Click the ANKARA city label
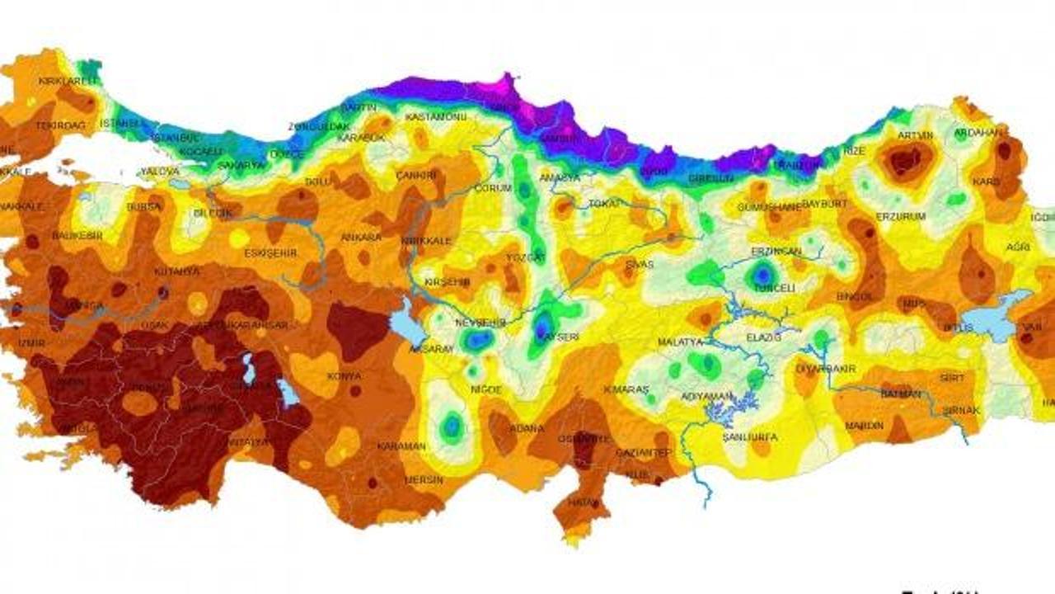[x=361, y=238]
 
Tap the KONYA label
[x=344, y=376]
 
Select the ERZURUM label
[x=901, y=216]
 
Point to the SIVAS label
[x=640, y=265]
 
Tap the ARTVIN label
[x=915, y=135]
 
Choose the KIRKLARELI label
[x=68, y=81]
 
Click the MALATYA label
[x=680, y=342]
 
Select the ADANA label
[x=527, y=428]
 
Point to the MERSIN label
[x=424, y=479]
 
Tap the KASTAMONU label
[x=435, y=117]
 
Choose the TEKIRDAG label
[x=60, y=126]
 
